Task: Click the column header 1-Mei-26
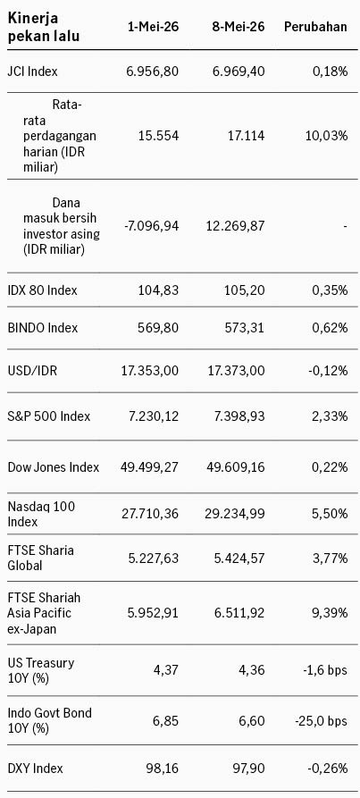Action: pyautogui.click(x=153, y=27)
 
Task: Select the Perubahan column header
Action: pyautogui.click(x=315, y=27)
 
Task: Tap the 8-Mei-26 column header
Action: pyautogui.click(x=239, y=27)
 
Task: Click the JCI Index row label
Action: pyautogui.click(x=32, y=71)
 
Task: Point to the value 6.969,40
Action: pyautogui.click(x=239, y=71)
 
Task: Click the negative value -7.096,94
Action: pyautogui.click(x=152, y=225)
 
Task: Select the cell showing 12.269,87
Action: pyautogui.click(x=236, y=225)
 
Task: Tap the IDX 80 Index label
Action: pyautogui.click(x=43, y=290)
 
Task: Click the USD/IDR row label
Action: pyautogui.click(x=32, y=371)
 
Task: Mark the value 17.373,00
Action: pyautogui.click(x=236, y=371)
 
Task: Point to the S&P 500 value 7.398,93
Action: pyautogui.click(x=239, y=416)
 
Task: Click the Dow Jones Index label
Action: pyautogui.click(x=54, y=466)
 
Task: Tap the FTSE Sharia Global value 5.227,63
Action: pyautogui.click(x=153, y=559)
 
